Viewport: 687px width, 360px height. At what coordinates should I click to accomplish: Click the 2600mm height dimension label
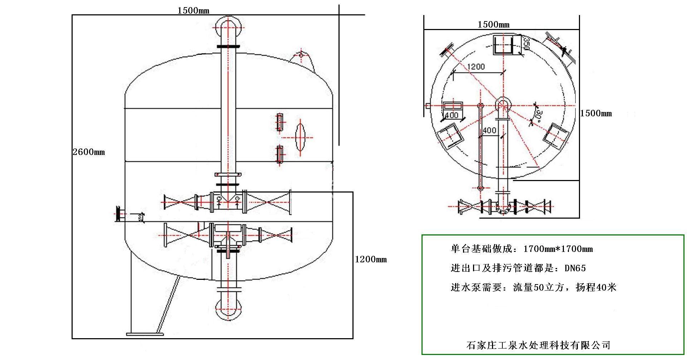pos(89,152)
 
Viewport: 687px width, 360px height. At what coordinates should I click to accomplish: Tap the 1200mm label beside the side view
pos(371,259)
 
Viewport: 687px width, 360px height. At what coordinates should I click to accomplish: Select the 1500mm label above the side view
pos(193,10)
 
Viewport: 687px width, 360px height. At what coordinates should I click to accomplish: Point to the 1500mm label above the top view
pos(493,25)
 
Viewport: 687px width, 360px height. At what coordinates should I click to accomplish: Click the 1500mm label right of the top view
pos(596,113)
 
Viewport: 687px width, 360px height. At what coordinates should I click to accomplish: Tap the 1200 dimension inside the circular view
pos(476,67)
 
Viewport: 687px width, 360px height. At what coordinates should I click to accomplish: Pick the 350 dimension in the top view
pos(526,43)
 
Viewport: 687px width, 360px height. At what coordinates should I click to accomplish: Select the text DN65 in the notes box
pos(575,268)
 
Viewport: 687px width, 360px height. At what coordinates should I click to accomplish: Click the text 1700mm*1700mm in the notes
pos(558,249)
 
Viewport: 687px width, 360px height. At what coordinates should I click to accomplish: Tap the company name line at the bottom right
pos(538,345)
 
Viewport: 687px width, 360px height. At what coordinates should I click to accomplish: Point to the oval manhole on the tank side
pos(300,137)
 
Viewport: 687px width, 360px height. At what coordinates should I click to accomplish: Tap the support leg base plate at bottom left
pos(145,334)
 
